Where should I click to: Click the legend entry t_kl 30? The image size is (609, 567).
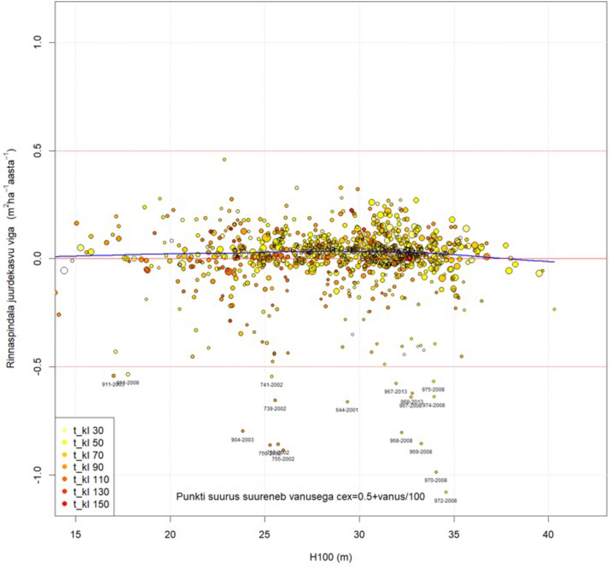[x=88, y=430]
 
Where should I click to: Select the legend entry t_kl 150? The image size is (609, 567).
[x=91, y=504]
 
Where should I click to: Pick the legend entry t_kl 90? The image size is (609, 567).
[x=88, y=467]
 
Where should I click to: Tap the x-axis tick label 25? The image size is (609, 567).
[x=265, y=534]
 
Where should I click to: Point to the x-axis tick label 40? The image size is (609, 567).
[x=548, y=534]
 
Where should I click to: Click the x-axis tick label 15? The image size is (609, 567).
[x=75, y=534]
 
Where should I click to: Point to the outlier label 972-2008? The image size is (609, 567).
[x=445, y=501]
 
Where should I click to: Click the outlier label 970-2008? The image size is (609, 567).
[x=435, y=480]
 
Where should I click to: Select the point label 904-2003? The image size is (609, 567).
[x=242, y=440]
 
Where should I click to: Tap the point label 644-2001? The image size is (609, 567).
[x=347, y=410]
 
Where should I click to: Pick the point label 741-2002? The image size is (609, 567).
[x=271, y=385]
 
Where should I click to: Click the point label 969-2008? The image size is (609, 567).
[x=421, y=452]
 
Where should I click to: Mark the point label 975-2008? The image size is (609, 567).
[x=433, y=390]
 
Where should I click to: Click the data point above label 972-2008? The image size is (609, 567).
[x=446, y=492]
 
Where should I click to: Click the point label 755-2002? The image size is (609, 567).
[x=283, y=459]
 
